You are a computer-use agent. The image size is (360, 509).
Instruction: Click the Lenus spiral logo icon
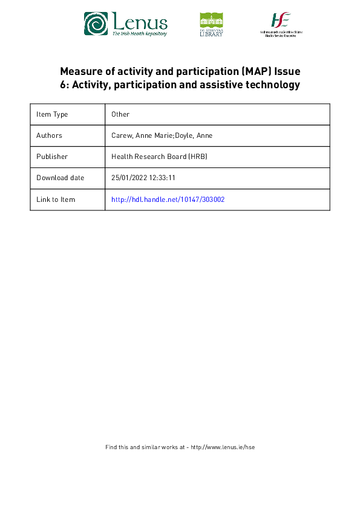[96, 24]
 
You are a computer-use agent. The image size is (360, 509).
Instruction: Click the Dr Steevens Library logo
[211, 24]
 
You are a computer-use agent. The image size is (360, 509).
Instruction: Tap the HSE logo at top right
[281, 24]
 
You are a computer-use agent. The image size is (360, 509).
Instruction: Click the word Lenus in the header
[139, 22]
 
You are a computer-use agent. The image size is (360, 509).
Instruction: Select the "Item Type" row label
[52, 114]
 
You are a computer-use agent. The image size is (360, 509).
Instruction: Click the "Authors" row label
[49, 135]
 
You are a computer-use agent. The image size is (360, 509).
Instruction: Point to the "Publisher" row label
[52, 157]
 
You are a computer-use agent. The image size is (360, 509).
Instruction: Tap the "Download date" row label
[60, 178]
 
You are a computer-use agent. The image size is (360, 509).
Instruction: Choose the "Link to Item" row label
[56, 199]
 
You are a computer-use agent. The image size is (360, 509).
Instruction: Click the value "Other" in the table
[120, 114]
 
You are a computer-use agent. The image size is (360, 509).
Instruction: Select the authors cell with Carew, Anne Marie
[162, 135]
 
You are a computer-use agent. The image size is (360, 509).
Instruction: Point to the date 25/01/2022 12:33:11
[143, 178]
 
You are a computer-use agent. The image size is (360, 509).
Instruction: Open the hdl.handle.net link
[168, 199]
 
